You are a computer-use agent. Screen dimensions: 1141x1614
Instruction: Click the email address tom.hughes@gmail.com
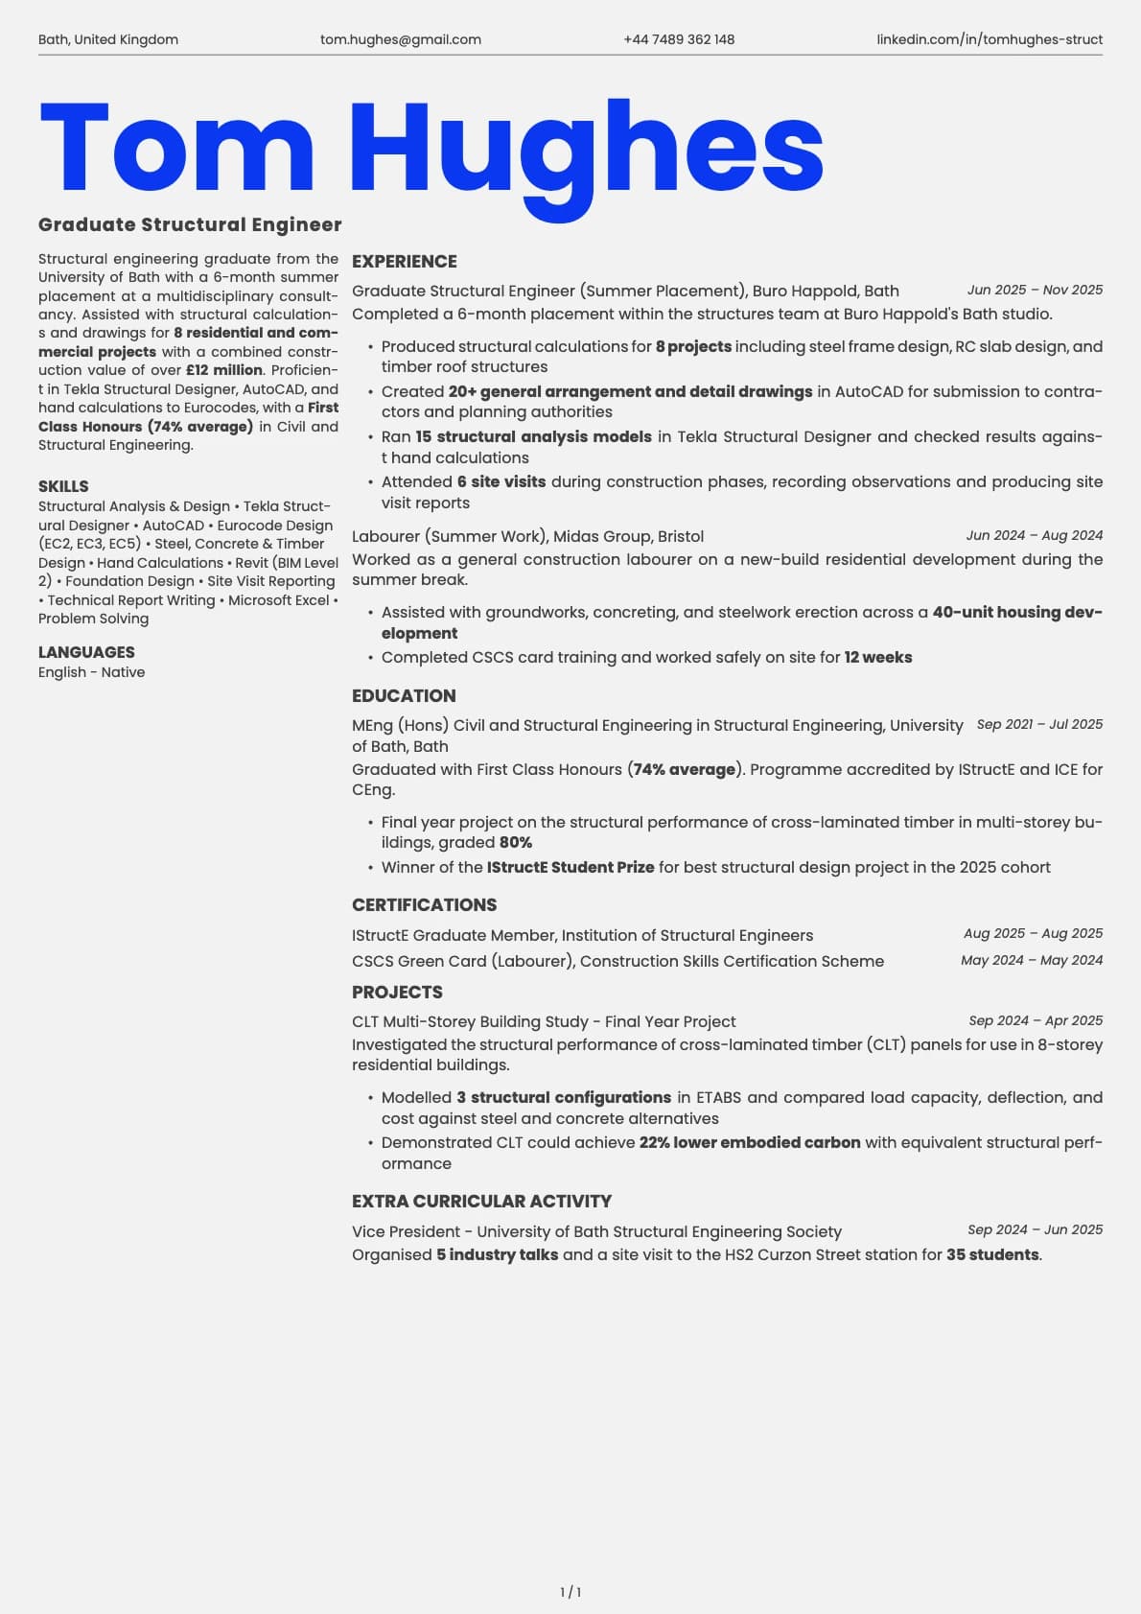coord(401,39)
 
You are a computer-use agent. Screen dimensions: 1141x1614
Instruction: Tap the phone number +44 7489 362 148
coord(679,39)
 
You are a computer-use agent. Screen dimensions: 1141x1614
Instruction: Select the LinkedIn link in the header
coord(990,39)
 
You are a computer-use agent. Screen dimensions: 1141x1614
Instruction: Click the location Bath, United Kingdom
coord(108,39)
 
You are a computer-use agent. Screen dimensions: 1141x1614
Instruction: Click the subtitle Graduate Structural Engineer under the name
coord(190,224)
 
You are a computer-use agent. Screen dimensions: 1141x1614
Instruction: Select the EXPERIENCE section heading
coord(404,261)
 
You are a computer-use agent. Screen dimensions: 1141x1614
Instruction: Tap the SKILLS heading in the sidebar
coord(63,486)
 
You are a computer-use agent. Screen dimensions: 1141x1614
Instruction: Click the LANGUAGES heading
coord(86,652)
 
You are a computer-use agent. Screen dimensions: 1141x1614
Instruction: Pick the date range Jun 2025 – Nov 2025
coord(1035,290)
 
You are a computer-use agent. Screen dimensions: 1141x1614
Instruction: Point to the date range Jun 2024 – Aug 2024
coord(1035,535)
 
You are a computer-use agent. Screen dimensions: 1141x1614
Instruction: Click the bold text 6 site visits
coord(501,481)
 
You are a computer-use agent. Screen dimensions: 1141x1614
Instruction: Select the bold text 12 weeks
coord(878,657)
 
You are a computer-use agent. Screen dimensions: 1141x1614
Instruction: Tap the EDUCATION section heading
coord(404,695)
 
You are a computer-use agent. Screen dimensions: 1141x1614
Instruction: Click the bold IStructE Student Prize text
coord(570,867)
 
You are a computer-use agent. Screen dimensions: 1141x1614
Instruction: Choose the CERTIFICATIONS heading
coord(424,904)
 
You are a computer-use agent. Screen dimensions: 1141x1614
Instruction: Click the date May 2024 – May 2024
coord(1032,960)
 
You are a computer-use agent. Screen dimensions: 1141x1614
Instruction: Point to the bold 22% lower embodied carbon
coord(750,1142)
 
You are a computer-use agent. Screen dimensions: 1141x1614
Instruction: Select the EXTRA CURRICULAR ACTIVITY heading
coord(481,1201)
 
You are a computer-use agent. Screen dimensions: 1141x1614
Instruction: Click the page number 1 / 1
coord(570,1592)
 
